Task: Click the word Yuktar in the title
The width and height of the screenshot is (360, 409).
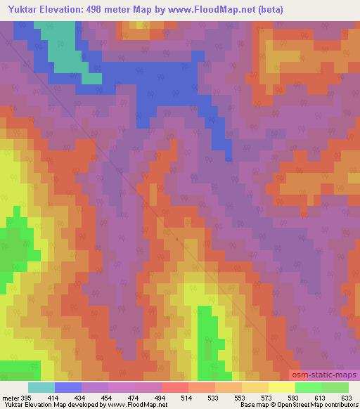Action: (21, 9)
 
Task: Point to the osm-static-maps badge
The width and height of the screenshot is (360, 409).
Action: (322, 376)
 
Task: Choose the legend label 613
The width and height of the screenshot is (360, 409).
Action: (321, 398)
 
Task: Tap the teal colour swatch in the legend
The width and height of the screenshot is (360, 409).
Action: (41, 388)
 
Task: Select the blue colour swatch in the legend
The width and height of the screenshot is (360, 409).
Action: (68, 388)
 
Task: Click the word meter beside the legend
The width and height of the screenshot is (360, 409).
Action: (10, 398)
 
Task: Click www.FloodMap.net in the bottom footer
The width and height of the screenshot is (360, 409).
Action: (138, 405)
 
